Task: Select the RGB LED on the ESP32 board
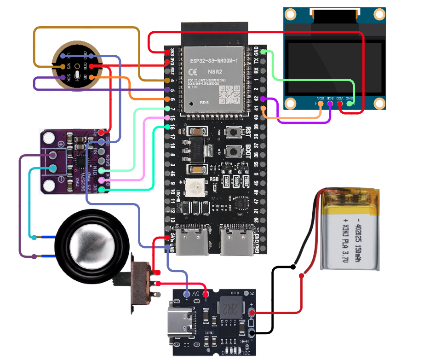click(192, 186)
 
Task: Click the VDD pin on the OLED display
click(340, 104)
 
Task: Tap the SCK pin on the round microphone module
click(63, 77)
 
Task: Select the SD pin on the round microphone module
click(91, 77)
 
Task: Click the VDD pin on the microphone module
click(92, 67)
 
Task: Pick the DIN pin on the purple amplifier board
click(102, 170)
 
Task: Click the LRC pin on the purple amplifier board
click(102, 189)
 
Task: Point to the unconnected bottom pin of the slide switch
click(158, 294)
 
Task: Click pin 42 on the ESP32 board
click(263, 99)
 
